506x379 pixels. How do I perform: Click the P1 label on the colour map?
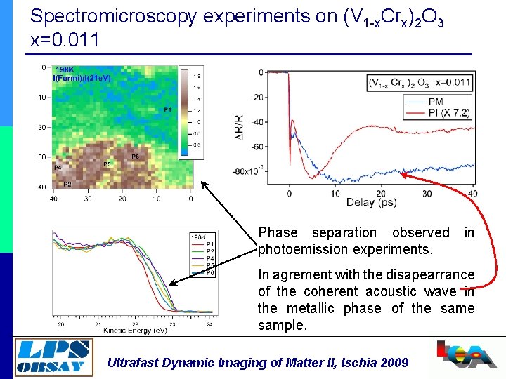coord(167,110)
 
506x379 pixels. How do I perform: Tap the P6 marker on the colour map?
coord(136,156)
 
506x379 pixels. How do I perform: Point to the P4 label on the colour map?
coord(58,168)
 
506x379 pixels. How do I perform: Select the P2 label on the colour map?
coord(67,185)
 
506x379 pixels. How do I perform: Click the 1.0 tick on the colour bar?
coord(197,121)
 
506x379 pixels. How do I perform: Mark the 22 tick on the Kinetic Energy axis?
coord(136,324)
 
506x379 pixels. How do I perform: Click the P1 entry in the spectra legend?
coord(210,244)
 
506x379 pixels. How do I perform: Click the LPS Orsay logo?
coord(53,356)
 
